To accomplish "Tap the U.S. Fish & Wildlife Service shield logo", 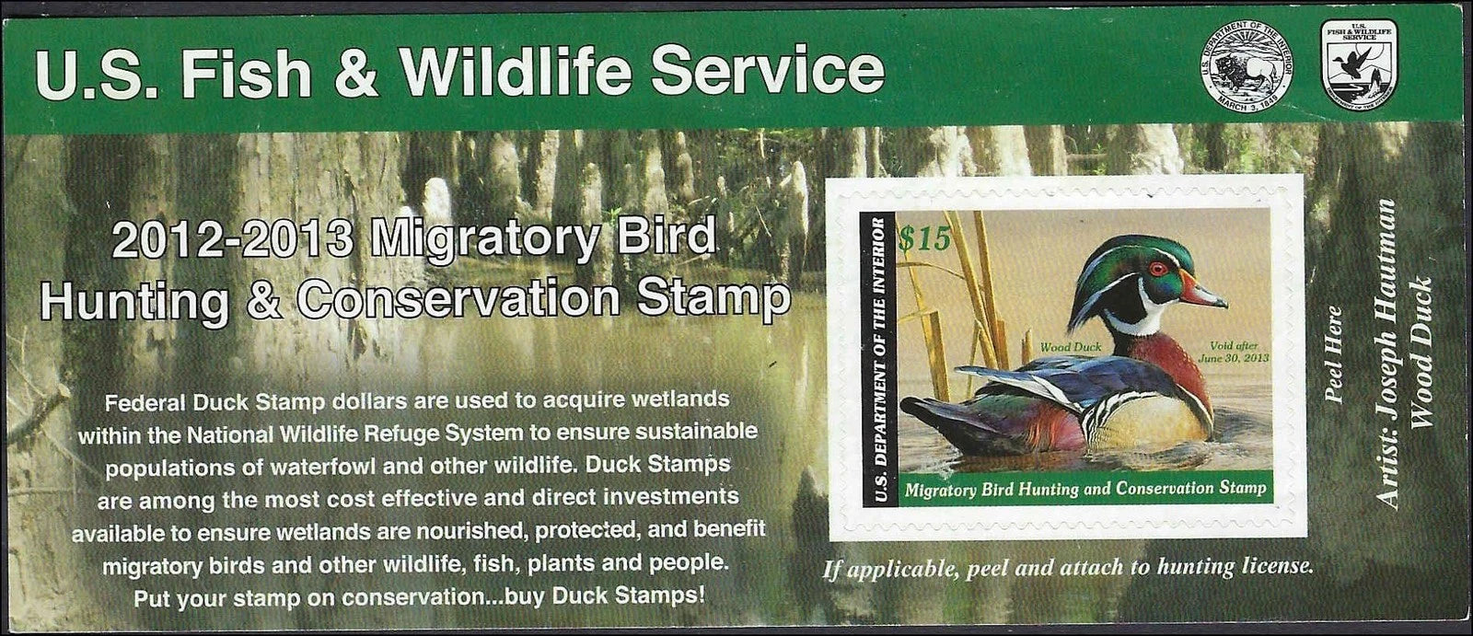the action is pyautogui.click(x=1359, y=64).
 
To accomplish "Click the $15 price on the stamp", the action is pyautogui.click(x=925, y=238).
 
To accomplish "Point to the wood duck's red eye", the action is pyautogui.click(x=1158, y=269).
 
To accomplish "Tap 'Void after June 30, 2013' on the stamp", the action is pyautogui.click(x=1233, y=352).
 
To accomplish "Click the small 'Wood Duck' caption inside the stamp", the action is pyautogui.click(x=1071, y=346).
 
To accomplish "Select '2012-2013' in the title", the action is pyautogui.click(x=232, y=238).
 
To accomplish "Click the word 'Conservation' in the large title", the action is pyautogui.click(x=458, y=299).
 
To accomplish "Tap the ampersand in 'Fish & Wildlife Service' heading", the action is pyautogui.click(x=355, y=73).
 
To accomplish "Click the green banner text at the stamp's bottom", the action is pyautogui.click(x=1085, y=489).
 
